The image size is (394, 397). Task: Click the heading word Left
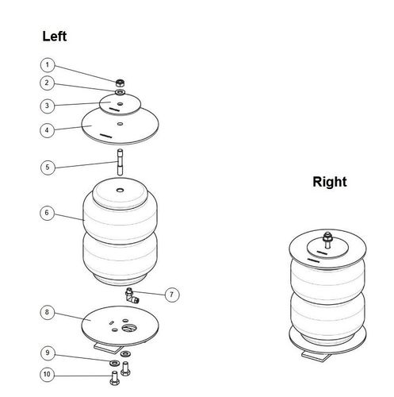pos(55,37)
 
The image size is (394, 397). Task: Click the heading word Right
pos(330,182)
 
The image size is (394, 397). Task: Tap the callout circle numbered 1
pos(48,65)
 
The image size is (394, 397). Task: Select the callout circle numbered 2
pos(47,83)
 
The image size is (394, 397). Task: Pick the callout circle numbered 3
pos(48,106)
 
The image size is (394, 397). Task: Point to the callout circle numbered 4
pos(47,130)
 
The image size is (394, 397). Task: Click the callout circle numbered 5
pos(48,168)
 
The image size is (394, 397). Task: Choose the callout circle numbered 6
pos(47,213)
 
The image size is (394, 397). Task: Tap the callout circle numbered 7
pos(172,295)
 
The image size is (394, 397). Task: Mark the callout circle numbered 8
pos(48,312)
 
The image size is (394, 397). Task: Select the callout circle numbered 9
pos(48,353)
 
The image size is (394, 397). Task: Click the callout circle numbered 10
pos(48,375)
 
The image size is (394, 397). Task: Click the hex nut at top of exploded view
pos(120,83)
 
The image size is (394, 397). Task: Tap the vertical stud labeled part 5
pos(120,162)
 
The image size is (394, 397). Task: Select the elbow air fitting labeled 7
pos(132,295)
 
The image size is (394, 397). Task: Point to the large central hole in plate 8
pos(129,328)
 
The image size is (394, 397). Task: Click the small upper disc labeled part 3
pos(120,104)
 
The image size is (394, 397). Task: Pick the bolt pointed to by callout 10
pos(114,378)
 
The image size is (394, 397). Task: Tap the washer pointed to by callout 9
pos(114,363)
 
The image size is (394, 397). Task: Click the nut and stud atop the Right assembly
pos(327,240)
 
